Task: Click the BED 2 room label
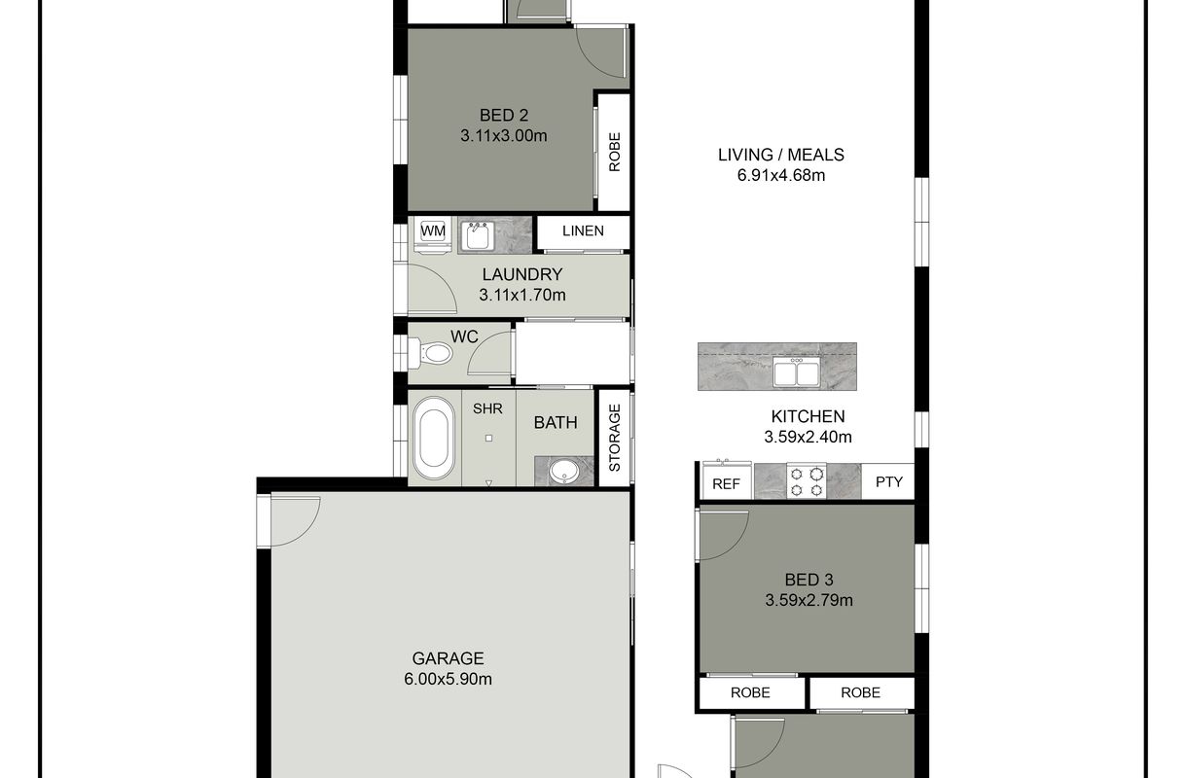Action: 504,116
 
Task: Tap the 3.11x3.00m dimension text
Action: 504,136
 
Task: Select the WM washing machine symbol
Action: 433,234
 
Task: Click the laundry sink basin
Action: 478,235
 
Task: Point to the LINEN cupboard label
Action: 583,230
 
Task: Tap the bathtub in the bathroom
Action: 434,439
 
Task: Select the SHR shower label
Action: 487,408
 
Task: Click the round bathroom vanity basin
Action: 564,471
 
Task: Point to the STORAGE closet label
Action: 614,438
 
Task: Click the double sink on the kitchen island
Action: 796,371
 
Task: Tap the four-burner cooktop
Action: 807,481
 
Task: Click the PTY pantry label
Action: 889,481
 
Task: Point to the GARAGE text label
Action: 448,658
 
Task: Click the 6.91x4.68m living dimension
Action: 781,175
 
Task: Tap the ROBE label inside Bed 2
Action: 614,152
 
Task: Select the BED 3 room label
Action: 809,580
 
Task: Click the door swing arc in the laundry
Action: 443,279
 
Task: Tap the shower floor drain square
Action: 488,438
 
